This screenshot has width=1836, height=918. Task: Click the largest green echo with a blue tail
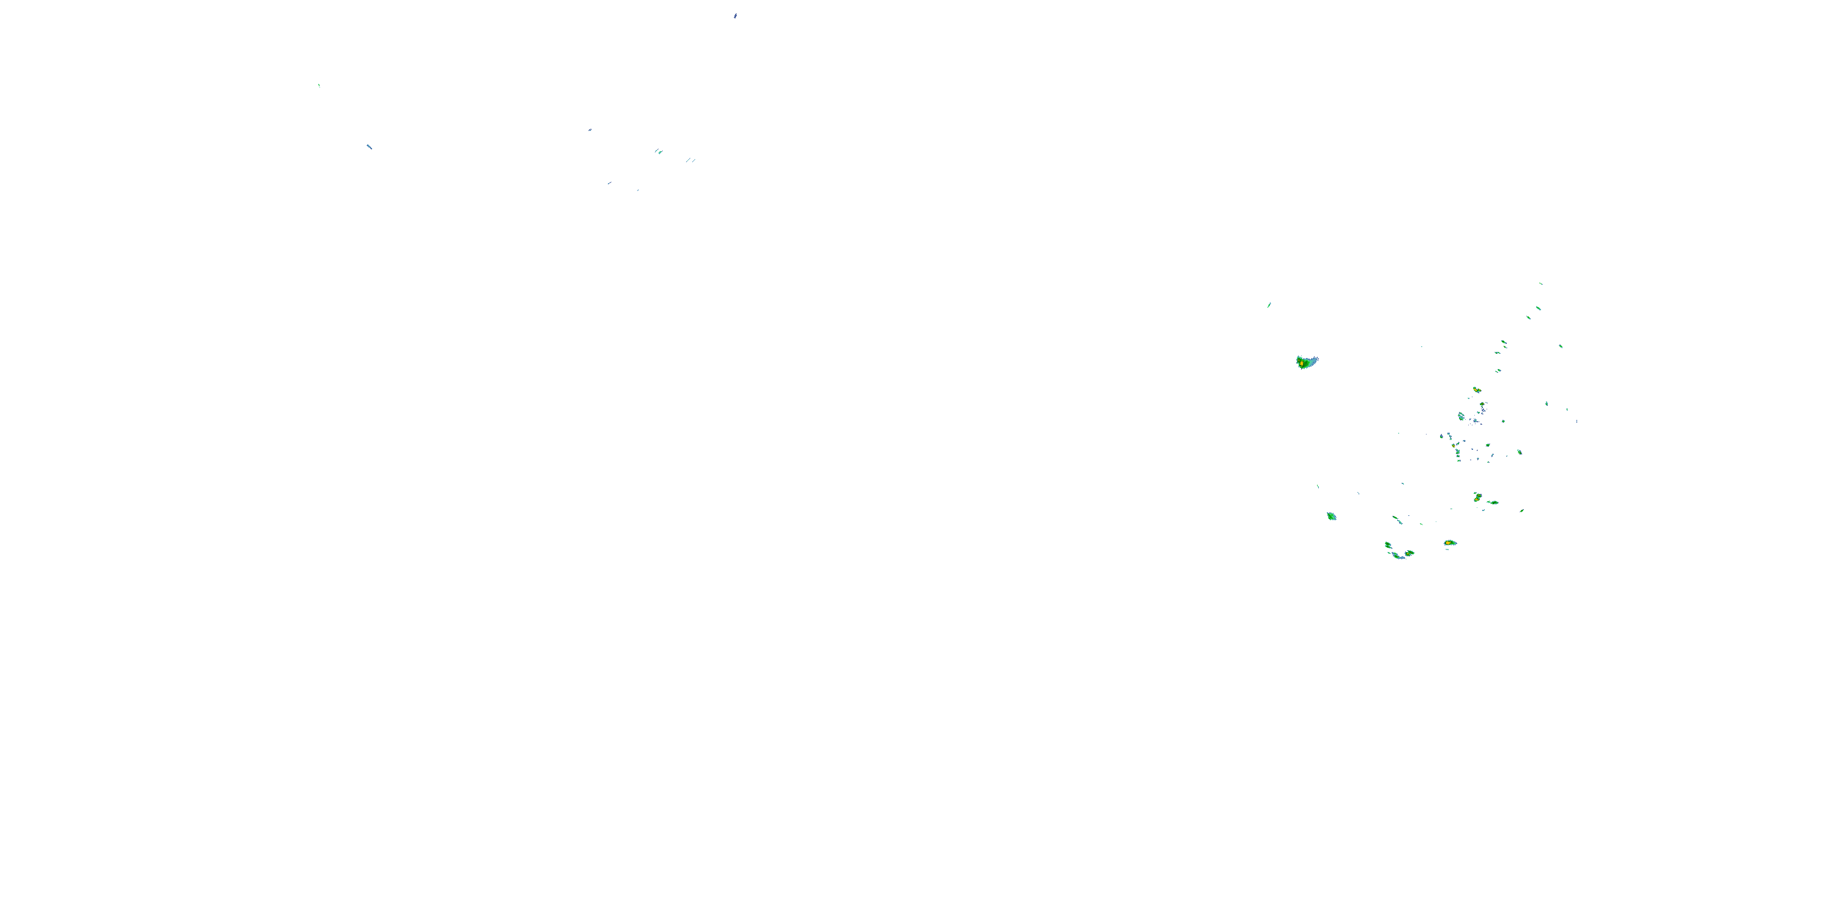pyautogui.click(x=1306, y=362)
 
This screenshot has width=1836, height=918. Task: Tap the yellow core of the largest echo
pyautogui.click(x=1302, y=364)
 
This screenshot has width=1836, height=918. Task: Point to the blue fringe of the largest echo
pyautogui.click(x=1313, y=360)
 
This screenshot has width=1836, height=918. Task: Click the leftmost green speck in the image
pyautogui.click(x=319, y=86)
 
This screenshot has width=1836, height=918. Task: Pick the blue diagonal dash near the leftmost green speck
pyautogui.click(x=369, y=147)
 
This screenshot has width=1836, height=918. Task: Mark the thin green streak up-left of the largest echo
pyautogui.click(x=1269, y=305)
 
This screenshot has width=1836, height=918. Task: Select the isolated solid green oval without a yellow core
pyautogui.click(x=1330, y=516)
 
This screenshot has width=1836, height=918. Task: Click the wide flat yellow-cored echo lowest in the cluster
pyautogui.click(x=1450, y=543)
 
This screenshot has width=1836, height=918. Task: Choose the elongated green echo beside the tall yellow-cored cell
pyautogui.click(x=1493, y=502)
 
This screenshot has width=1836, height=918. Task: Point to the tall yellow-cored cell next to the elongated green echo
pyautogui.click(x=1477, y=497)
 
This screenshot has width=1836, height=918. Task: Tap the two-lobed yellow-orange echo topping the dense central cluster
pyautogui.click(x=1477, y=390)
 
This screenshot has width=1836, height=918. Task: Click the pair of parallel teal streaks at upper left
pyautogui.click(x=690, y=160)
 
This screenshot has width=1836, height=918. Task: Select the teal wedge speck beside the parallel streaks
pyautogui.click(x=659, y=151)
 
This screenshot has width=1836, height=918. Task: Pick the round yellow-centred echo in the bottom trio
pyautogui.click(x=1409, y=553)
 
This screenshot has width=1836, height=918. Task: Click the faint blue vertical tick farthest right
pyautogui.click(x=1577, y=421)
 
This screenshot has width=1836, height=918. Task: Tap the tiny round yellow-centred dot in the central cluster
pyautogui.click(x=1452, y=446)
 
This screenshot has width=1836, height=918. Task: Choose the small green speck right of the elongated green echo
pyautogui.click(x=1521, y=510)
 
